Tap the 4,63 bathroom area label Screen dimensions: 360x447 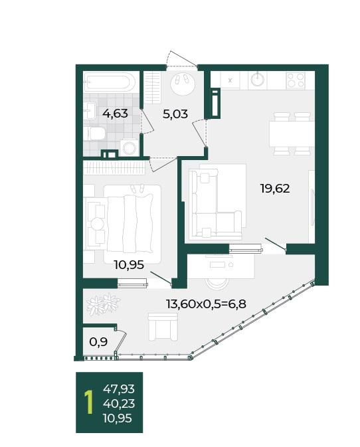tap(115, 114)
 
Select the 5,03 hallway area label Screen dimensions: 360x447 tap(175, 114)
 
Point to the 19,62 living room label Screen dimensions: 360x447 tap(275, 189)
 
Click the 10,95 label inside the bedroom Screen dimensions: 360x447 tap(129, 265)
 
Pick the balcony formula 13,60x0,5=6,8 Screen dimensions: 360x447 tap(206, 304)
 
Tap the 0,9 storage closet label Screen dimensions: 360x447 tap(98, 341)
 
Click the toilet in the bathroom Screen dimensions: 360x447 tap(96, 134)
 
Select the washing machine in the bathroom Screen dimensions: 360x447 tap(129, 147)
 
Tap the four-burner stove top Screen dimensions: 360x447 tap(296, 80)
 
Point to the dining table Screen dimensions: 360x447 tap(292, 134)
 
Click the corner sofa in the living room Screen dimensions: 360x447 tap(215, 203)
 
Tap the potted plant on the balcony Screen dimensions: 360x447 tap(102, 304)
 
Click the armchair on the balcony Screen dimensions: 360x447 tap(163, 326)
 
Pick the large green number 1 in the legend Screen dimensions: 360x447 tap(90, 402)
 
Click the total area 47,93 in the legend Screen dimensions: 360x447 tap(119, 389)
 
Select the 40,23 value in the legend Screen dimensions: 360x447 tap(119, 404)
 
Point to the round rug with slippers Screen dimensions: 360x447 tap(183, 82)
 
